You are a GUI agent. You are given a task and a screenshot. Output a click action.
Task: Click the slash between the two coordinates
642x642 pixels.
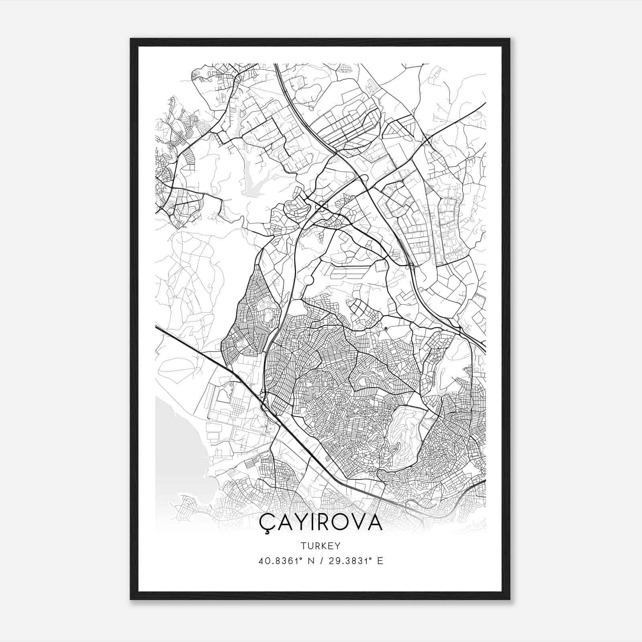321,561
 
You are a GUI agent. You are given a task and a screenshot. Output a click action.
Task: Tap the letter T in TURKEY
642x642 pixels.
302,546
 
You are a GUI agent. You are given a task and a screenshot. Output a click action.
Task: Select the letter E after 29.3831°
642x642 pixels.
380,561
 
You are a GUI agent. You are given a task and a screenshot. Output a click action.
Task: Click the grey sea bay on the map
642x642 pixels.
177,441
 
